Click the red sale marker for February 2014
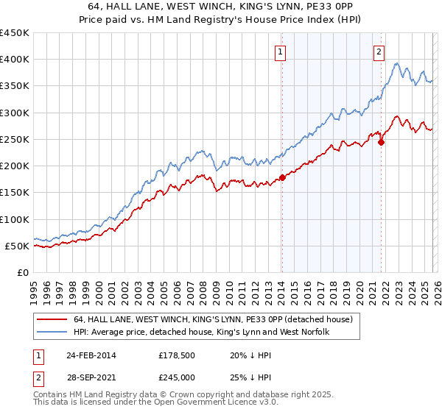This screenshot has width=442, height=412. pos(282,177)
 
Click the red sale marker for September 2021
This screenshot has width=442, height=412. pos(382,142)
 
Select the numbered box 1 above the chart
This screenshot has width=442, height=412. pos(281,51)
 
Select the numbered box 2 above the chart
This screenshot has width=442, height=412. pos(379,51)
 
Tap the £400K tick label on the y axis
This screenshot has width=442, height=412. pos(15,60)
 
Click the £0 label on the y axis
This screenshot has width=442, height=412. pos(22,272)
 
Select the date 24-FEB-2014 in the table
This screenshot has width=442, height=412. pos(91,355)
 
